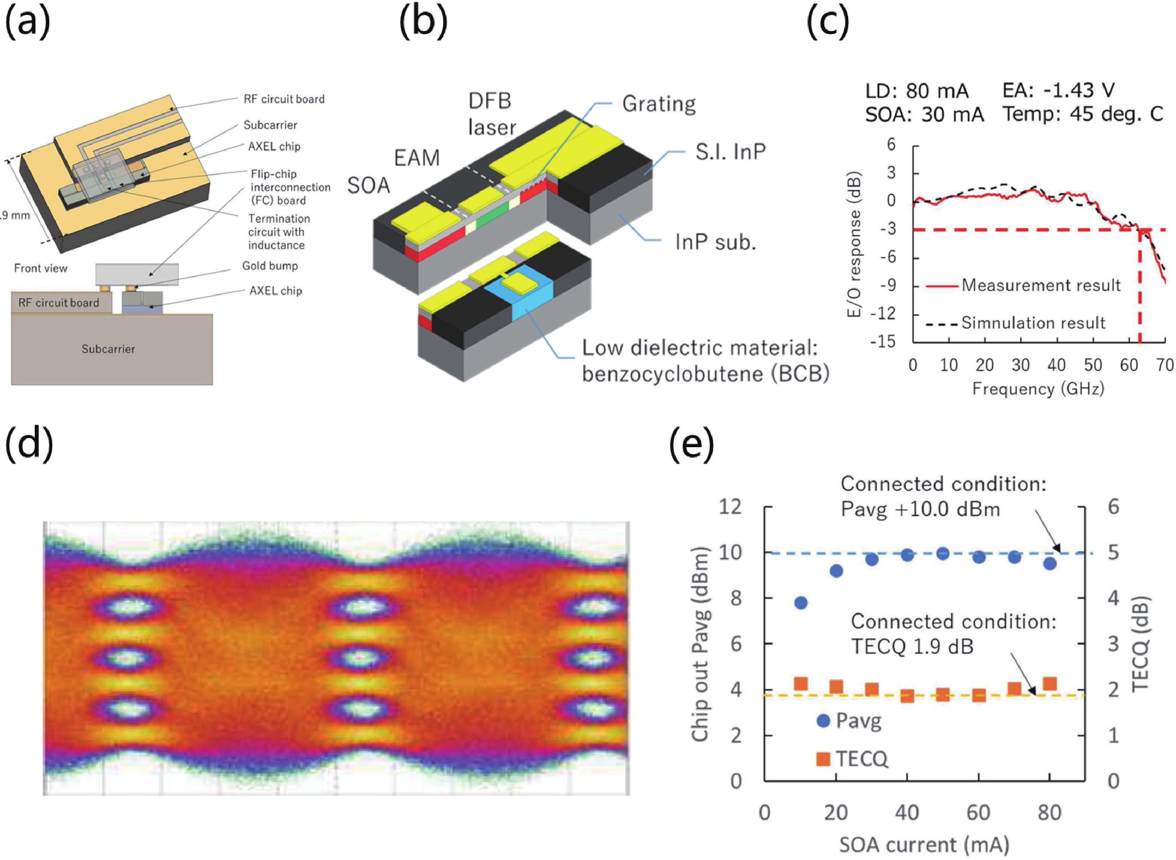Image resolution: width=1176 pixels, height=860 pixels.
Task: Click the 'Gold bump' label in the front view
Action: click(270, 266)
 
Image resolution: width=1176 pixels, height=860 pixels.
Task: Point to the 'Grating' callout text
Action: click(659, 104)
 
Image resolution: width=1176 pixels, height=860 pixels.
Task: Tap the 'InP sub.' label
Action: click(715, 242)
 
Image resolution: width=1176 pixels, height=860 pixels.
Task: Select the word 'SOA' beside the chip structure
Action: click(368, 186)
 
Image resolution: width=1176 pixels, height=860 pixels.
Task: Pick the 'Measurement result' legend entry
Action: click(1040, 285)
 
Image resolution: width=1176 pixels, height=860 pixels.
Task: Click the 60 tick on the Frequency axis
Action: click(1129, 365)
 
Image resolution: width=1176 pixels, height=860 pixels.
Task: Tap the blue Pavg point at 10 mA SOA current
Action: click(801, 603)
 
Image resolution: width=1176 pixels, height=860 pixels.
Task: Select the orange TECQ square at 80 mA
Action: click(1049, 683)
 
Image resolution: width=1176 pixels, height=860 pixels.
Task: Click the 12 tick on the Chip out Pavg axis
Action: click(730, 507)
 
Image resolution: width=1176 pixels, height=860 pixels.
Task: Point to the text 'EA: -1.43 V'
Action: click(1058, 91)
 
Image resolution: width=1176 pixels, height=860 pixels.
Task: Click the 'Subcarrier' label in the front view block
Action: click(108, 349)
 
